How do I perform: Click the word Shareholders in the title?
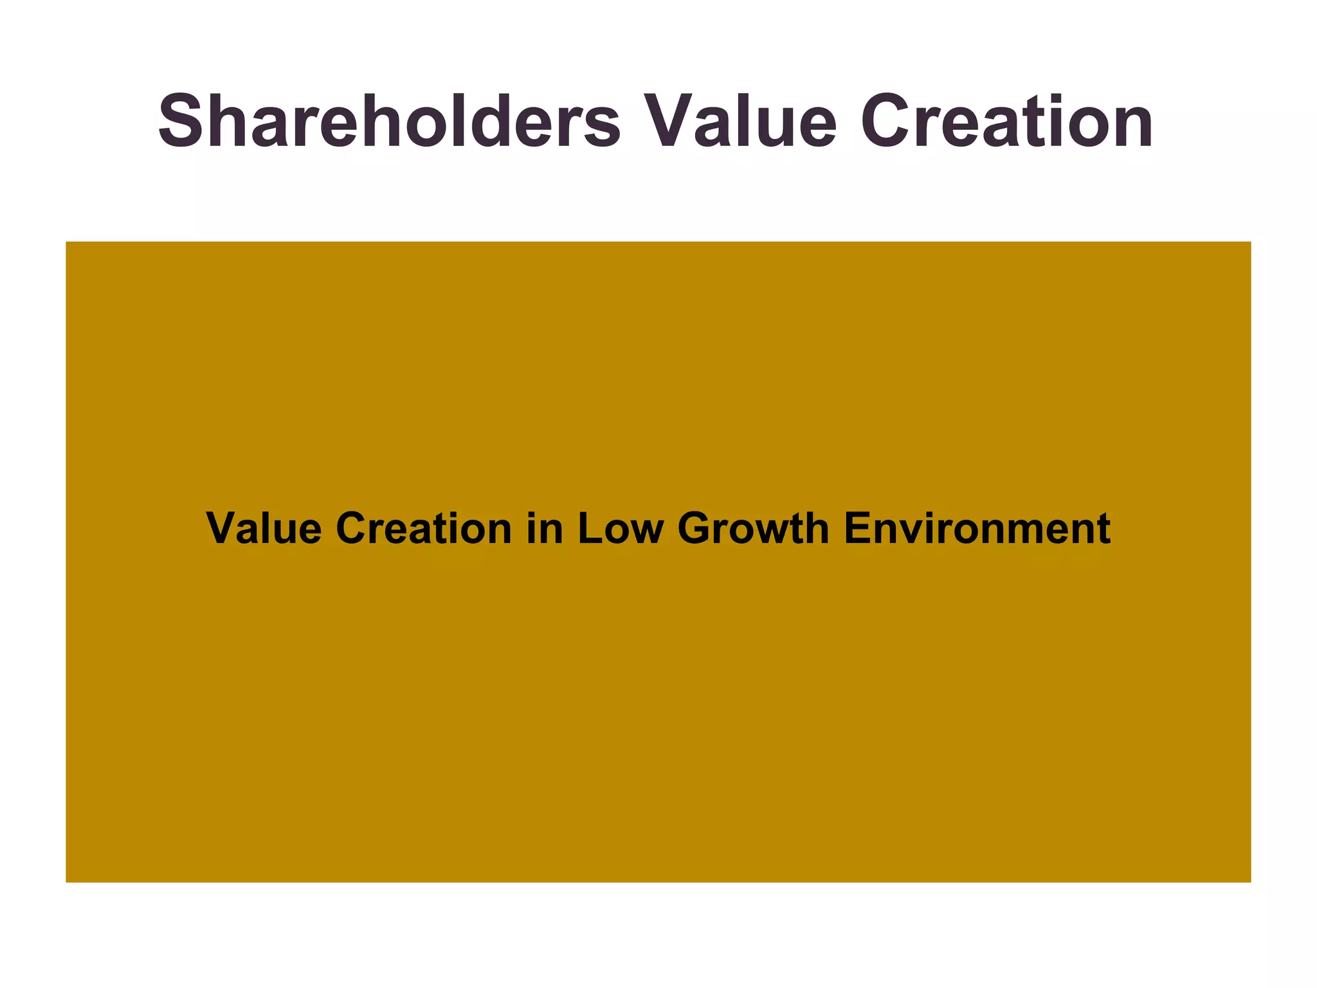tap(389, 121)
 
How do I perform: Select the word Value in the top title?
tap(740, 121)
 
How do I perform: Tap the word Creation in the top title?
tap(1006, 121)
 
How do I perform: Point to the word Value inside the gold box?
tap(264, 529)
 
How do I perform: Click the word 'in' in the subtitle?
tap(544, 529)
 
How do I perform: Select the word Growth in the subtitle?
tap(753, 529)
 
